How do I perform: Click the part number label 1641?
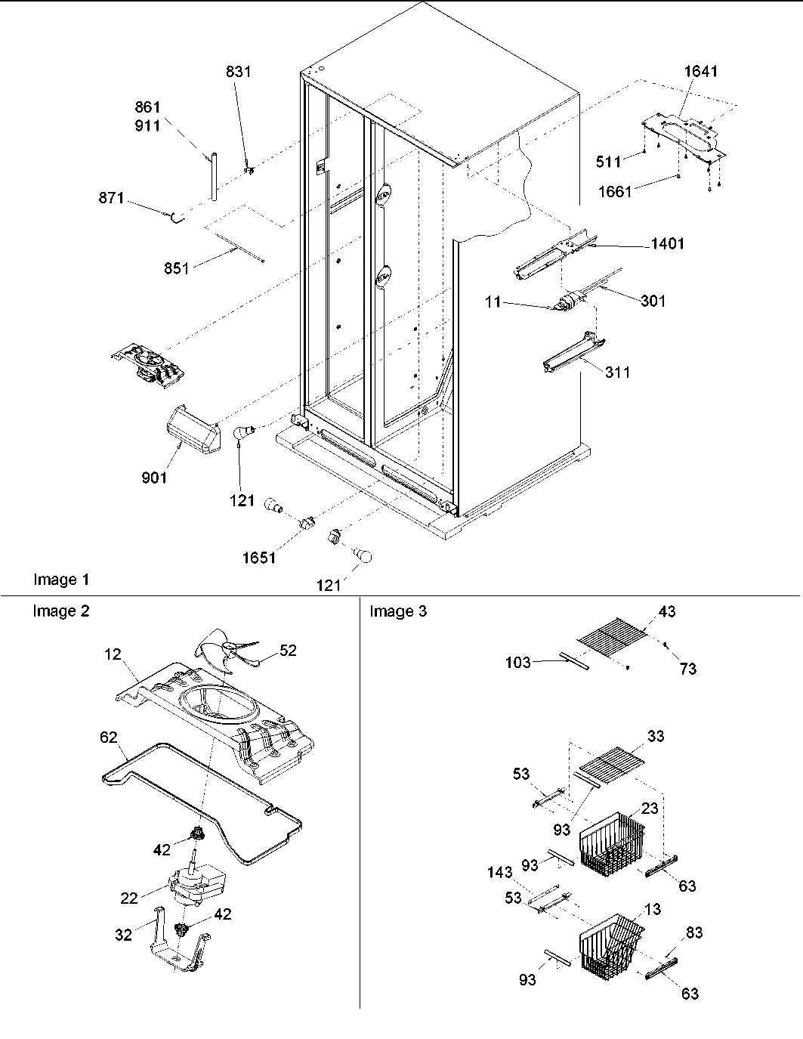tap(700, 71)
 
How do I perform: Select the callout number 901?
tap(154, 478)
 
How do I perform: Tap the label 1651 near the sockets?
tap(259, 558)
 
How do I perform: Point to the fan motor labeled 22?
tap(198, 885)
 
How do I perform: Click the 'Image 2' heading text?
tap(60, 611)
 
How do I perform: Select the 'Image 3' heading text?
tap(398, 611)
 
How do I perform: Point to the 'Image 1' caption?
tap(61, 580)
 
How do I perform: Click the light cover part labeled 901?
tap(187, 428)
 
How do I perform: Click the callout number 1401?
tap(666, 244)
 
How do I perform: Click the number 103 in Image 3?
tap(517, 663)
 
